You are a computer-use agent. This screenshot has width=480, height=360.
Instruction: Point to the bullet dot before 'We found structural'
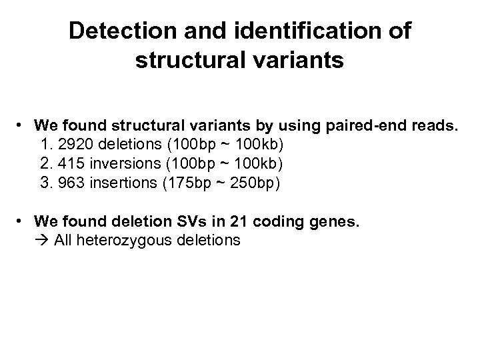coord(23,125)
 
